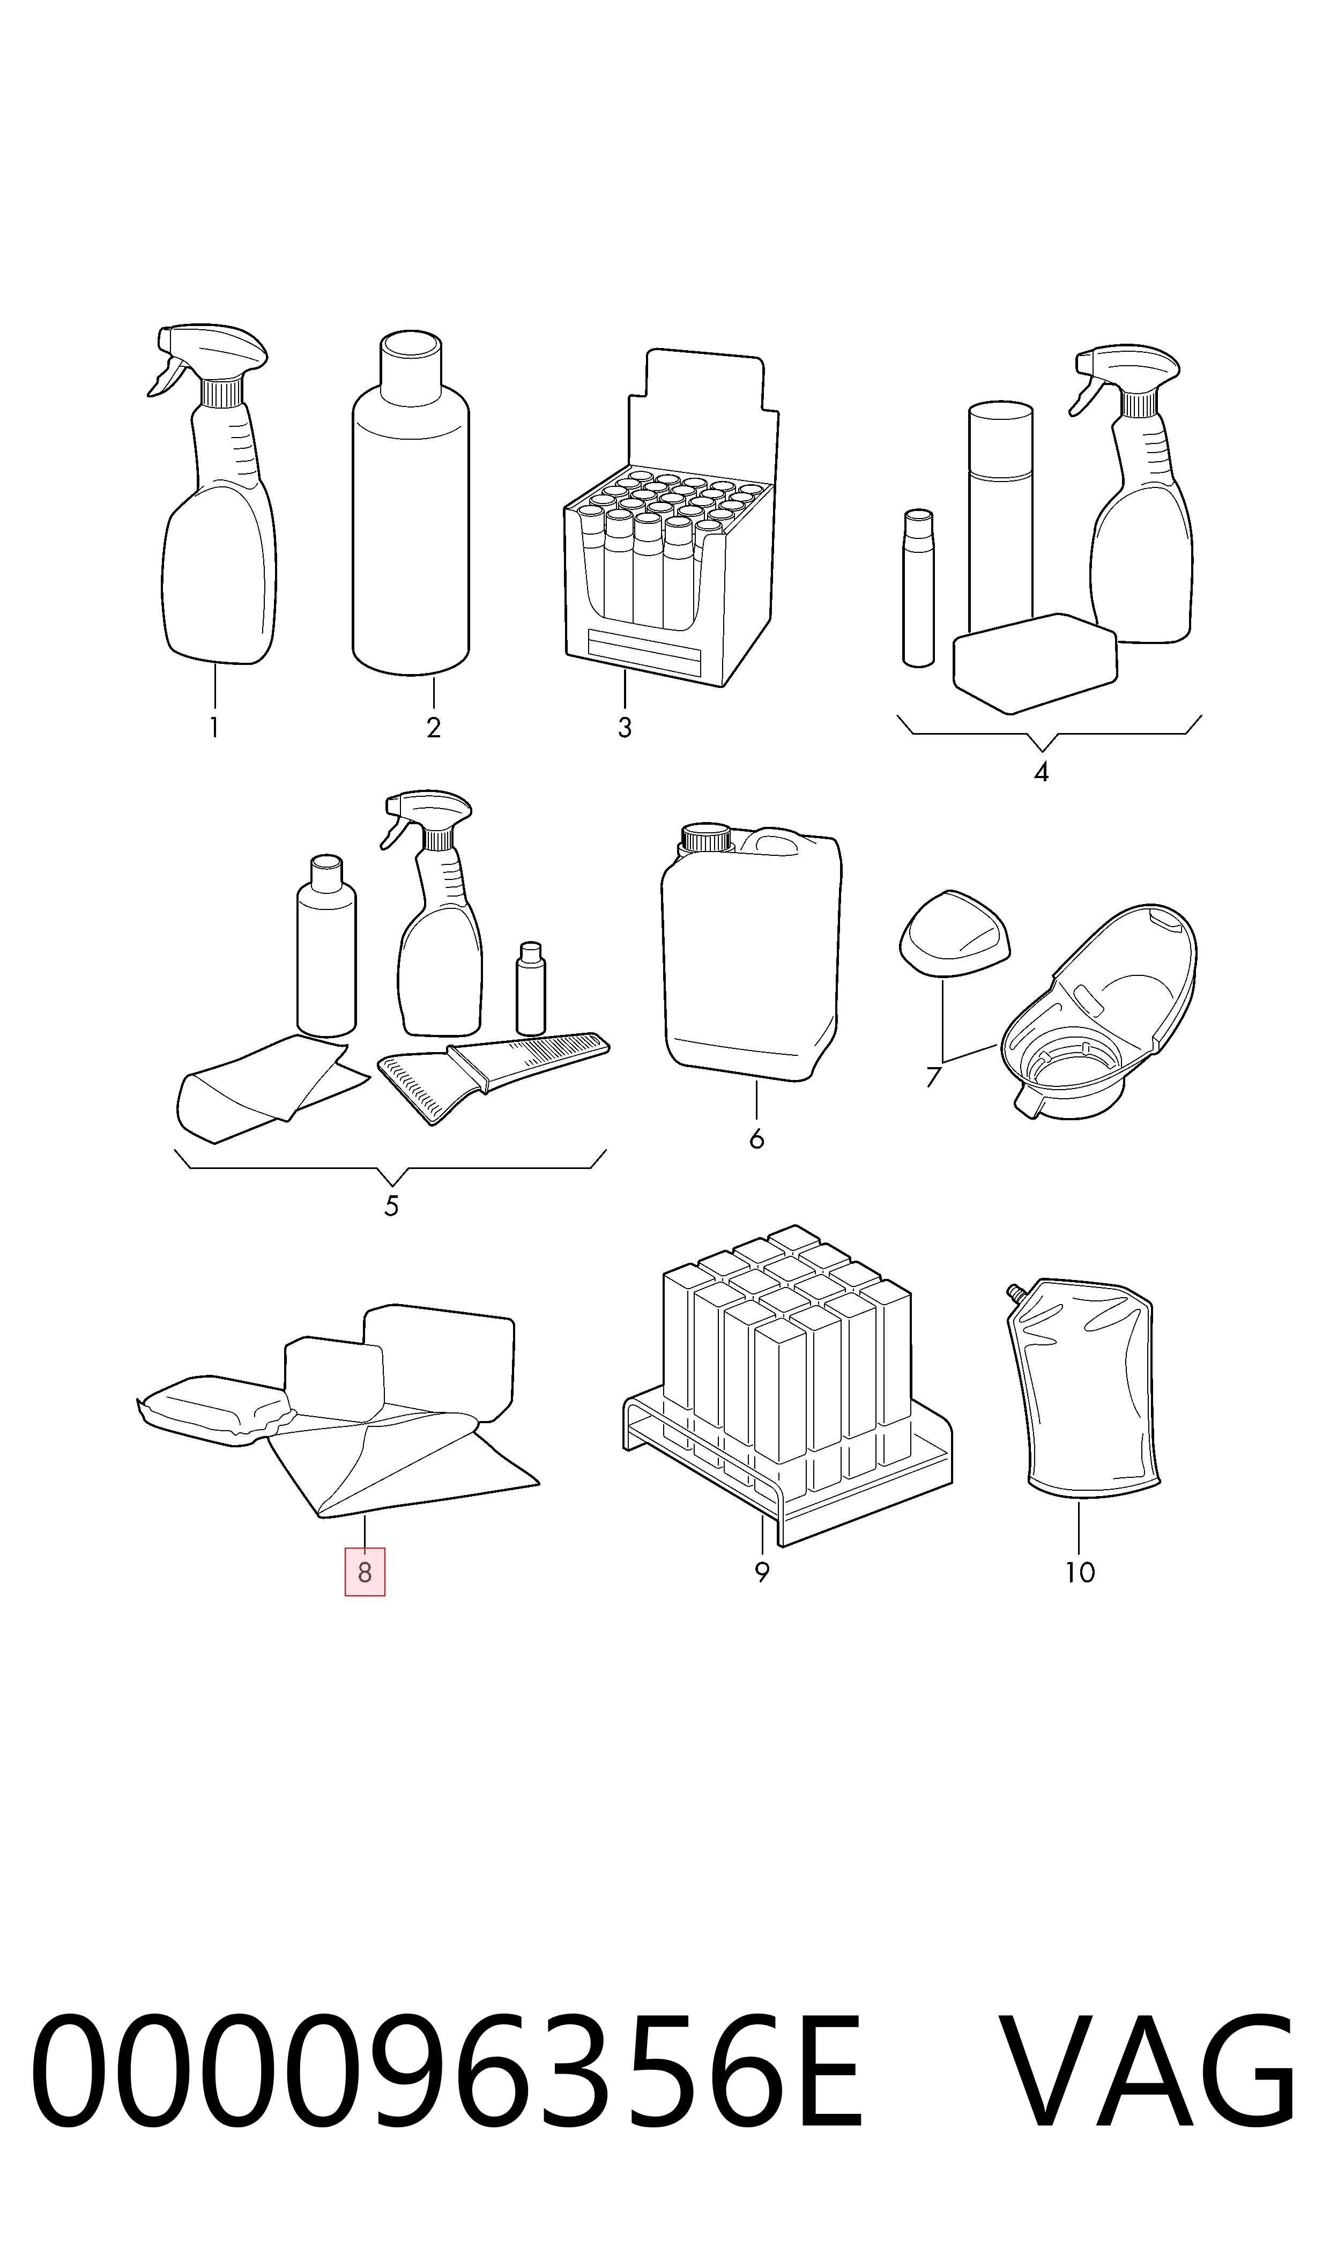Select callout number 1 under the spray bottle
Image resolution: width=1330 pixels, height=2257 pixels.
click(214, 728)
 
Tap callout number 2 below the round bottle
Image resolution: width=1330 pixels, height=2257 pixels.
click(434, 728)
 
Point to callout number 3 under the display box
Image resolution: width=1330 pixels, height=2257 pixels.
click(625, 728)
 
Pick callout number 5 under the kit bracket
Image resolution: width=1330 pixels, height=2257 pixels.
click(392, 1207)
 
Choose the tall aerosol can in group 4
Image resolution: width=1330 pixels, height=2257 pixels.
click(1001, 520)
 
